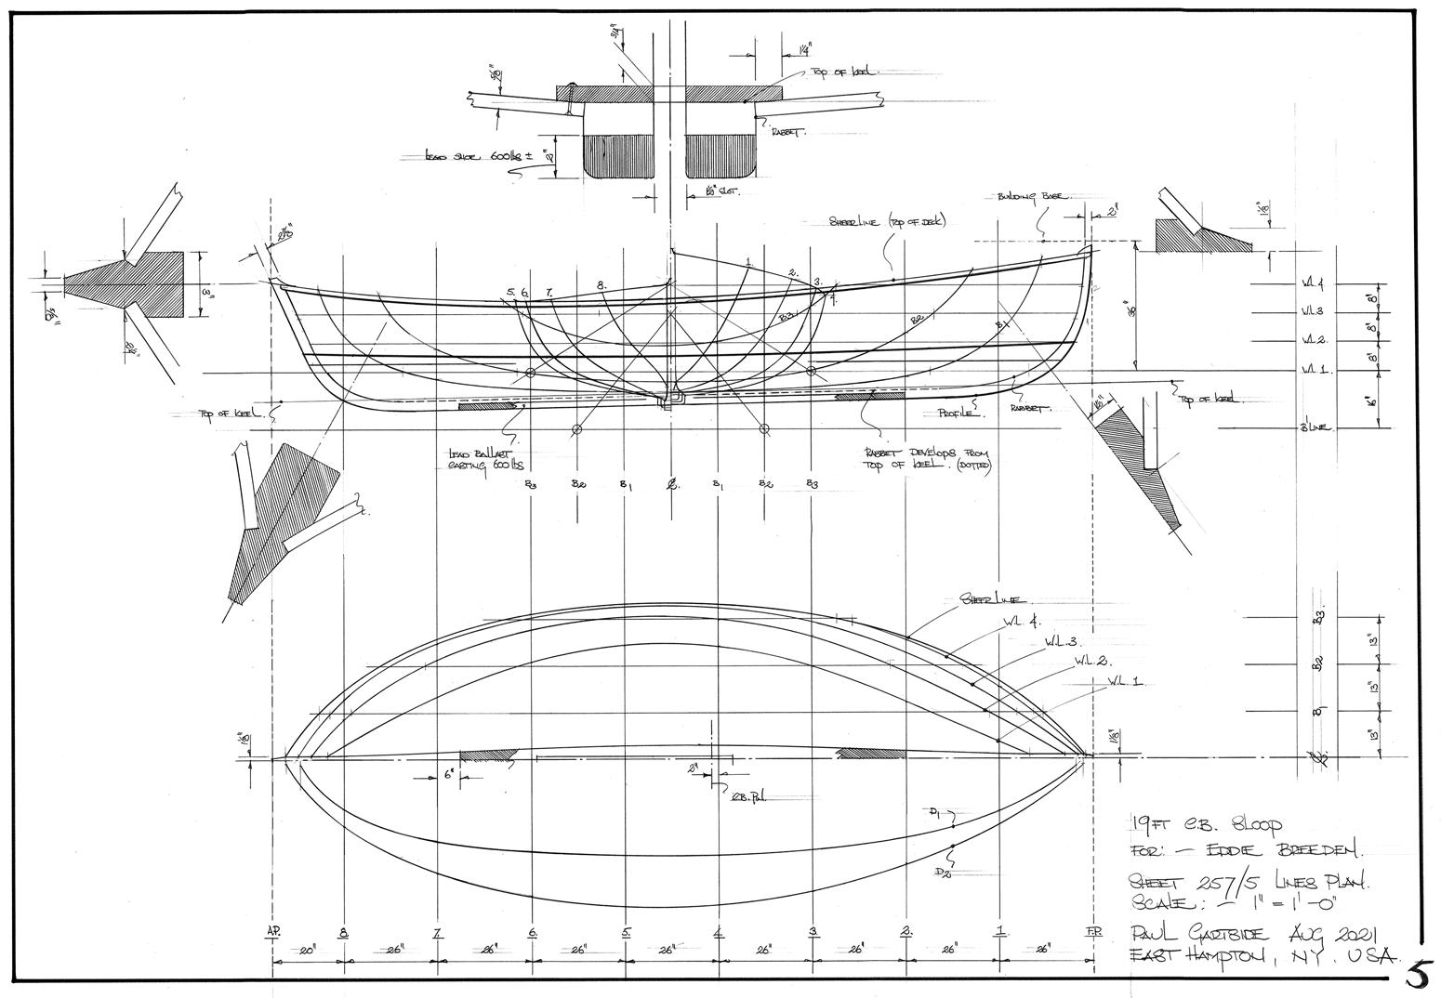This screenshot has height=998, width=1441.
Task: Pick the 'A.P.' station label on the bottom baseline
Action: click(x=273, y=932)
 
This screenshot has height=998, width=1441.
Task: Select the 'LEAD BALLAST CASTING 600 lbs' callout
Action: click(x=483, y=460)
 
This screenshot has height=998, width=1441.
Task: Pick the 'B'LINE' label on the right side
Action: click(x=1317, y=428)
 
